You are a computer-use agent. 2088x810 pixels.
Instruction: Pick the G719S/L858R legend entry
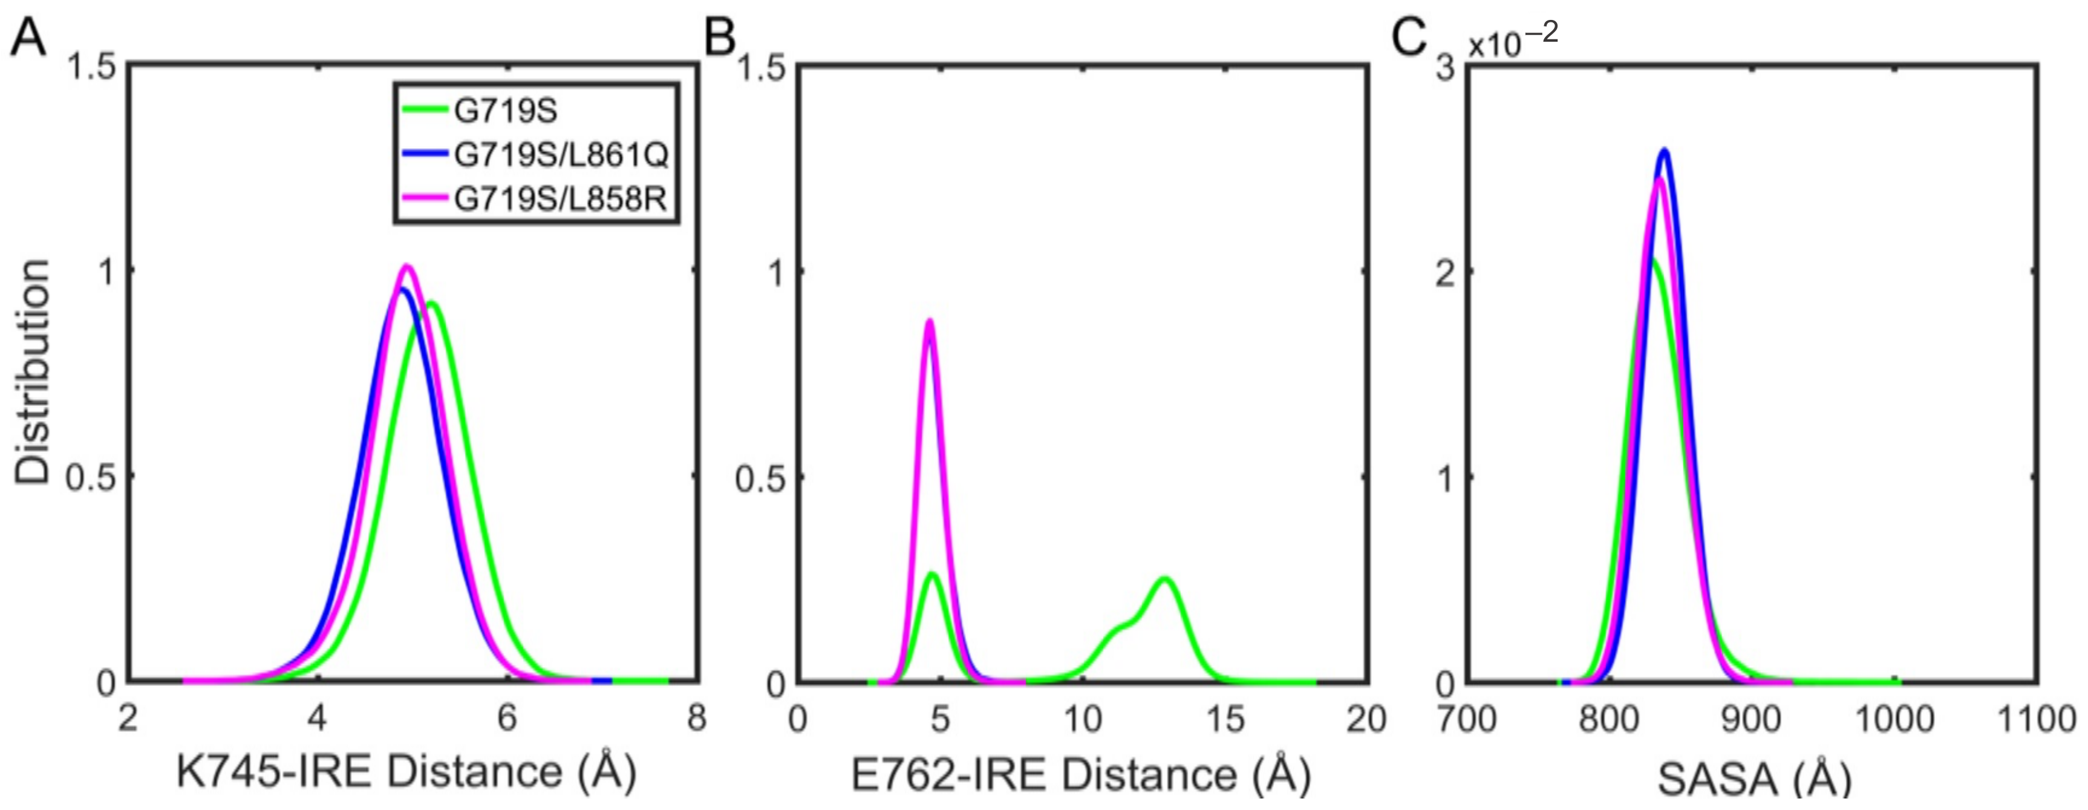(x=560, y=198)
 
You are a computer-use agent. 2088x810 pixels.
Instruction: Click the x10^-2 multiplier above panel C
(x=1513, y=41)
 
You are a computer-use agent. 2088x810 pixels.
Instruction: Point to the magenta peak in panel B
(x=930, y=322)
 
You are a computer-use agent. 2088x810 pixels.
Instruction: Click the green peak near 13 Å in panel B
(x=1165, y=579)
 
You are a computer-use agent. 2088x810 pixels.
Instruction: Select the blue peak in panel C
(x=1665, y=151)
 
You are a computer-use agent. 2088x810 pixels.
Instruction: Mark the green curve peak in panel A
(x=432, y=305)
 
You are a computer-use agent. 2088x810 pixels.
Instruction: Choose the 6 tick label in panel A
(x=507, y=719)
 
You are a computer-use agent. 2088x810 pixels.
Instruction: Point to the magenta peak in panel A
(x=408, y=267)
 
